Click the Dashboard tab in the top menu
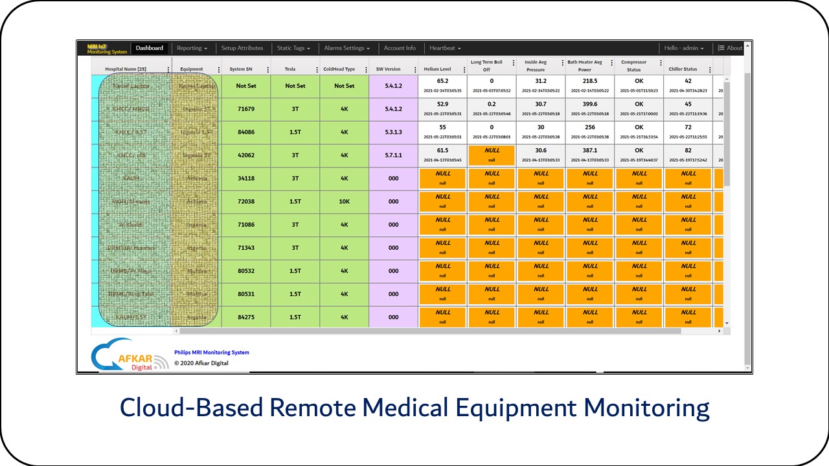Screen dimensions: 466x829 [x=150, y=48]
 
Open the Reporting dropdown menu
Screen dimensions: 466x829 [x=192, y=48]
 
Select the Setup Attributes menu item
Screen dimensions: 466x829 [x=242, y=48]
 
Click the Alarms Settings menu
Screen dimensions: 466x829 [x=346, y=48]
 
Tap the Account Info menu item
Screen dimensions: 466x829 [x=400, y=48]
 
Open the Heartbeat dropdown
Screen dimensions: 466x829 [x=445, y=48]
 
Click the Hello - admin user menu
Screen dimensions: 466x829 [x=683, y=48]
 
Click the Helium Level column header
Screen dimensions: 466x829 [x=437, y=69]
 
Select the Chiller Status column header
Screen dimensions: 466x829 [x=683, y=69]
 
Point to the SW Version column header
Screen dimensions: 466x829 [x=389, y=69]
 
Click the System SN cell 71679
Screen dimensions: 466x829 [x=245, y=109]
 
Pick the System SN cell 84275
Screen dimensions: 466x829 [x=245, y=317]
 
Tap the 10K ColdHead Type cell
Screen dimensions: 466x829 [x=345, y=202]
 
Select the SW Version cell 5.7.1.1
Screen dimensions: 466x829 [x=393, y=155]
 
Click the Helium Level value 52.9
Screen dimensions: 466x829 [x=443, y=104]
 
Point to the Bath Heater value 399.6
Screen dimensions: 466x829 [x=590, y=104]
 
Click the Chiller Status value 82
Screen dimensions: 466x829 [x=688, y=151]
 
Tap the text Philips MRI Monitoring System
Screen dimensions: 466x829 [x=212, y=353]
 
